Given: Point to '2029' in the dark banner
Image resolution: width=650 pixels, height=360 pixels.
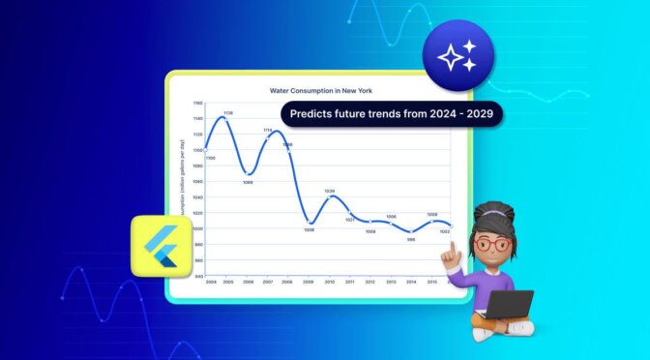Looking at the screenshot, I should tap(486, 113).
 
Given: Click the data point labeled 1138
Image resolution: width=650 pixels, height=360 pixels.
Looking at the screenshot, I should tap(227, 118).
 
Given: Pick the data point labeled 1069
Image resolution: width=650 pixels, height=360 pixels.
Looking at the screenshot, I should tap(249, 173).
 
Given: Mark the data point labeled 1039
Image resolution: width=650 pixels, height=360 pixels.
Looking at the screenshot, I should tap(330, 196).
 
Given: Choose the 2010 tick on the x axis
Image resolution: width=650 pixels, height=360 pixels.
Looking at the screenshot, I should tap(330, 282).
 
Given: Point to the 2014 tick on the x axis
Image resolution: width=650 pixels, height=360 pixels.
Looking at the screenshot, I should tap(411, 282).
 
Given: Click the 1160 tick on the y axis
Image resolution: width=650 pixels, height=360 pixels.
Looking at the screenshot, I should tap(197, 103).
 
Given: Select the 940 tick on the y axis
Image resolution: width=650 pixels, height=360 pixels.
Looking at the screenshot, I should tap(197, 276).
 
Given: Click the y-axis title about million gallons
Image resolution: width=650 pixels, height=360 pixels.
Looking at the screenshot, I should tap(185, 184).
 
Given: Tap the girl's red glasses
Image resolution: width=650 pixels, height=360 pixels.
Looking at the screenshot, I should tap(493, 244).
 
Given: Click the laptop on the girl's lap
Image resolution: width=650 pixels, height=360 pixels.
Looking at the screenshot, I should tap(509, 304).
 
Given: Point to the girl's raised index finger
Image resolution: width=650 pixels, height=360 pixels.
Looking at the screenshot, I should tap(452, 248).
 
